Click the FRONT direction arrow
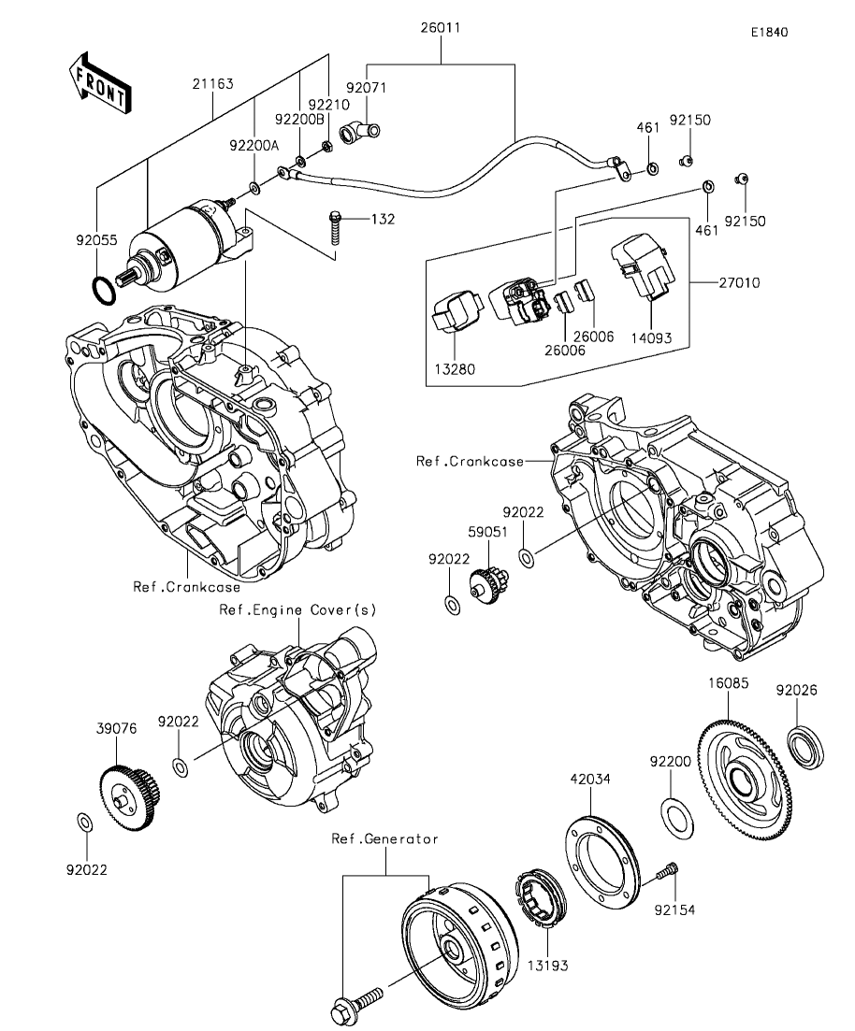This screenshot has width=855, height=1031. coord(99,80)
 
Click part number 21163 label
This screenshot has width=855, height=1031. coord(212,84)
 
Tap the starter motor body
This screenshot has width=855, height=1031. coord(185,244)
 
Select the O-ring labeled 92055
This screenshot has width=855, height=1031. coord(103,291)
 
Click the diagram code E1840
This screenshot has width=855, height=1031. coord(770,32)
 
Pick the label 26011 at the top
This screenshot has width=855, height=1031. coord(441,28)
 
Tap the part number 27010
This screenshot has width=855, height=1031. coord(739,282)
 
